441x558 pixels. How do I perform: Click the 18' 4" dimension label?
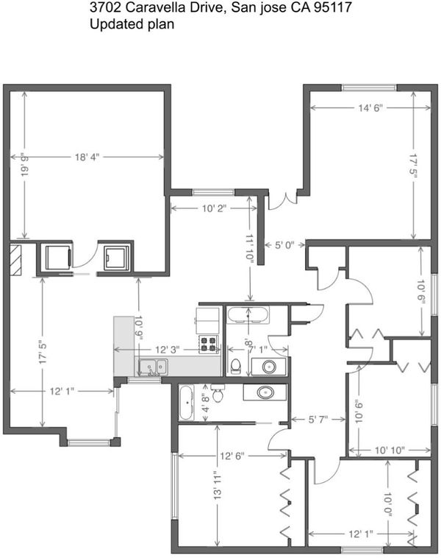pyautogui.click(x=87, y=157)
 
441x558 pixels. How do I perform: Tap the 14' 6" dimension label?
pyautogui.click(x=370, y=107)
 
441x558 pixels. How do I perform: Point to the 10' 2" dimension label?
pyautogui.click(x=215, y=208)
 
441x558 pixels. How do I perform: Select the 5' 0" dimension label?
pyautogui.click(x=284, y=245)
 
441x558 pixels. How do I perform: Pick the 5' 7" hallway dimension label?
pyautogui.click(x=318, y=420)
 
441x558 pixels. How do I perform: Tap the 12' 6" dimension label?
pyautogui.click(x=232, y=456)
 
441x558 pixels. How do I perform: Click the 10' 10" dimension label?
pyautogui.click(x=390, y=451)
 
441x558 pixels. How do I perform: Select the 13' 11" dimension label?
pyautogui.click(x=218, y=485)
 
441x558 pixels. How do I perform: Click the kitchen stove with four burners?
pyautogui.click(x=208, y=344)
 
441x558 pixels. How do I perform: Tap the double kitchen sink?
pyautogui.click(x=154, y=367)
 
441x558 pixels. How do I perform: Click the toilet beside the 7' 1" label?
pyautogui.click(x=236, y=366)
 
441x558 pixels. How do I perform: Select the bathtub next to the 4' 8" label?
pyautogui.click(x=187, y=403)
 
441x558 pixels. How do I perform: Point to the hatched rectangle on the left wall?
pyautogui.click(x=15, y=259)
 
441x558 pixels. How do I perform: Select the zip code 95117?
pyautogui.click(x=333, y=8)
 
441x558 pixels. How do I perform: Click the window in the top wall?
pyautogui.click(x=369, y=88)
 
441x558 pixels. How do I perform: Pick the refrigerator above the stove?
pyautogui.click(x=207, y=321)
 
